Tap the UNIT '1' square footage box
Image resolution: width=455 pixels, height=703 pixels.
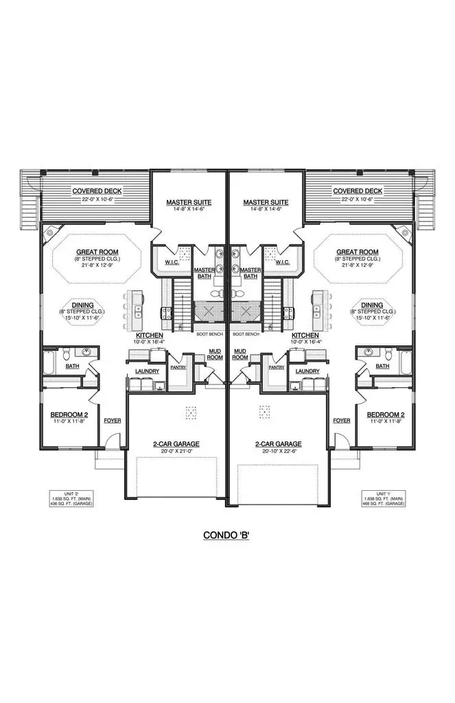point(383,498)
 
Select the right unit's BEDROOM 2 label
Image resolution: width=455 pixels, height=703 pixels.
point(385,415)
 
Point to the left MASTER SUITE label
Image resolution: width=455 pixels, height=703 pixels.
point(188,202)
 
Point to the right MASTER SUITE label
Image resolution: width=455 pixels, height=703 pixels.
point(266,202)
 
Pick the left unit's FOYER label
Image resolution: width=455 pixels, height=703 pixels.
point(112,420)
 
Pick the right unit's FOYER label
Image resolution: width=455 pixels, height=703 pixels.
point(341,420)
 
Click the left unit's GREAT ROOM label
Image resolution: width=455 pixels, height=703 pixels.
point(96,252)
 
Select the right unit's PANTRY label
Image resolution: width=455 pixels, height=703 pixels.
point(277,367)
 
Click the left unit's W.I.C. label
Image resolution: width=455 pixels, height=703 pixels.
point(172,262)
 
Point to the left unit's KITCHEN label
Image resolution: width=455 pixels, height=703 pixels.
point(149,335)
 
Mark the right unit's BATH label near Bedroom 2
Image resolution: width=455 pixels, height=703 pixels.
point(382,367)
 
